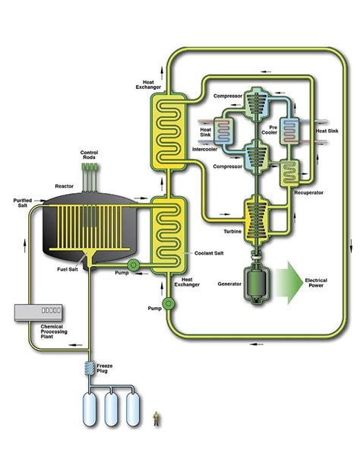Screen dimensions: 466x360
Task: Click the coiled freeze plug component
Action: (x=90, y=375)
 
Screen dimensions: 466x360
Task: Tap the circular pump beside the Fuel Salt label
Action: (x=134, y=266)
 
